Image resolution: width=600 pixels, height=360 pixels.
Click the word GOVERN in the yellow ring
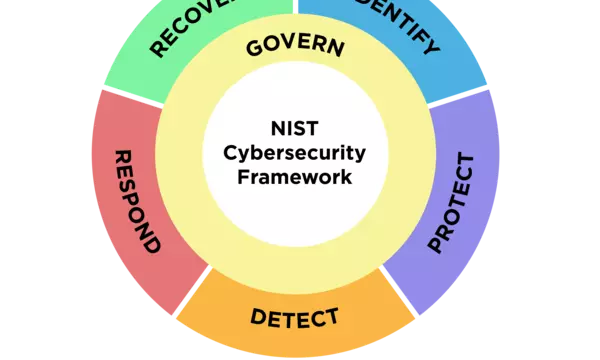(295, 47)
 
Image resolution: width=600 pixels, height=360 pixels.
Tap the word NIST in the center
(296, 128)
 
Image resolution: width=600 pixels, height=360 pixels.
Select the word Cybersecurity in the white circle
(295, 153)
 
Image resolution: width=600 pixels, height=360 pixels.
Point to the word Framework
(296, 177)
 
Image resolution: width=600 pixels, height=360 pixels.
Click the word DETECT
(295, 318)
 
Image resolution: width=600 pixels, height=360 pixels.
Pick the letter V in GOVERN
(288, 46)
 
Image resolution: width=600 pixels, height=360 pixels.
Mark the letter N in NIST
(278, 128)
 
